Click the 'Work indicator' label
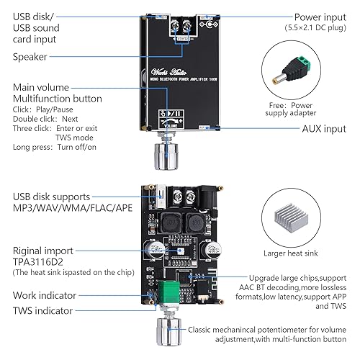coord(48,295)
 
